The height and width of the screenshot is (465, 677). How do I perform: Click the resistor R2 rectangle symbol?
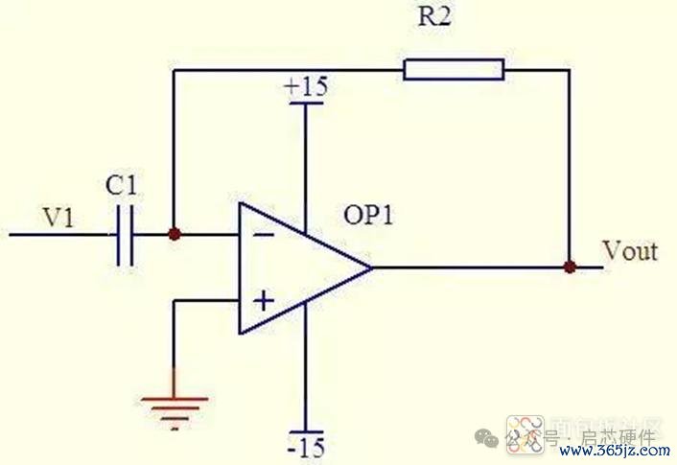coord(454,69)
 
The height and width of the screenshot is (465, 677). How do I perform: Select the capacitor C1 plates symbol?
coord(124,233)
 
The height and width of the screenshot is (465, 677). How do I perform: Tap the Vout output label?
coord(630,251)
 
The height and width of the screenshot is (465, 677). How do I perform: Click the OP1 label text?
coord(370,216)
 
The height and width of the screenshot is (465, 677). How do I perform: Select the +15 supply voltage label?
coord(306,87)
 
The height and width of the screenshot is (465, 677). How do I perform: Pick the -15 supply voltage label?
coord(306,447)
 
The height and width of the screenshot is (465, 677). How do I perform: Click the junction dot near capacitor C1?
coord(174,233)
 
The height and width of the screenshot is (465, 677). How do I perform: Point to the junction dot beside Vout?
coord(570,267)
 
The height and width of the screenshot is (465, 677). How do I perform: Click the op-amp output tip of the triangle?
coord(370,267)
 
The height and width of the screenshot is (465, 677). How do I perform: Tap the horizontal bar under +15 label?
coord(306,102)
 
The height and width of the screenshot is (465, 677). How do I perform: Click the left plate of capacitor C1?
coord(117,233)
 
